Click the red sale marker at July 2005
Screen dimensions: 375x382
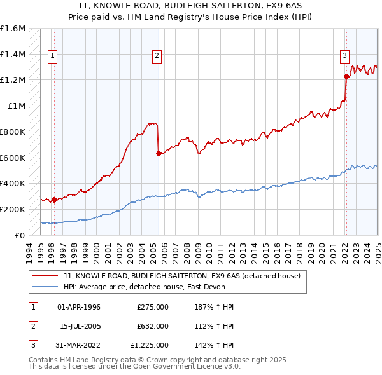tap(159, 153)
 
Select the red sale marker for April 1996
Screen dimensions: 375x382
tap(54, 200)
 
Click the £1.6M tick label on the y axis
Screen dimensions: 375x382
tap(13, 29)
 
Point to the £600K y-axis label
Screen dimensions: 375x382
tap(13, 158)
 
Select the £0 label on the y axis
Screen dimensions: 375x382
tap(20, 235)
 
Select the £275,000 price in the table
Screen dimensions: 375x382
tap(153, 307)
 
